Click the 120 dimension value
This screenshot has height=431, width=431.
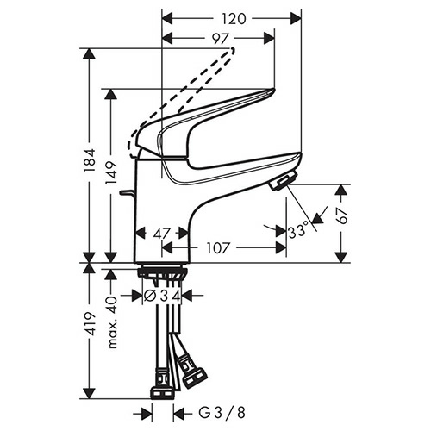coord(234,19)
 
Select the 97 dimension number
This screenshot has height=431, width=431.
coord(221,39)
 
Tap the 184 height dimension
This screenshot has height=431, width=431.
coord(90,160)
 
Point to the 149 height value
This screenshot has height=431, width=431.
coord(111,173)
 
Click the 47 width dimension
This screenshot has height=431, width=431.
coord(162,234)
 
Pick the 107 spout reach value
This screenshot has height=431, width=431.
coord(219,248)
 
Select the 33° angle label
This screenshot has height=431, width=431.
coord(298,231)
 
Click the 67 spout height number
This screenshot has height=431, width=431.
coord(341,215)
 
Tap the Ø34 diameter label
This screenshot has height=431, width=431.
coord(162,296)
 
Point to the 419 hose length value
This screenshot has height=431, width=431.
coord(90,323)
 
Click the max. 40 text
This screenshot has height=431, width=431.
coord(112,322)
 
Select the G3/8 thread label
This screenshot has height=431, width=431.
coord(222,413)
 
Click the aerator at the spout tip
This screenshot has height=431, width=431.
coord(283,180)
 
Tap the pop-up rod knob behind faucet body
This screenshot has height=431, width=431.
coord(126,192)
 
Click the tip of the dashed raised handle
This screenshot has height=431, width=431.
coord(233,50)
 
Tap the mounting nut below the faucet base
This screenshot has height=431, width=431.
coord(162,272)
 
